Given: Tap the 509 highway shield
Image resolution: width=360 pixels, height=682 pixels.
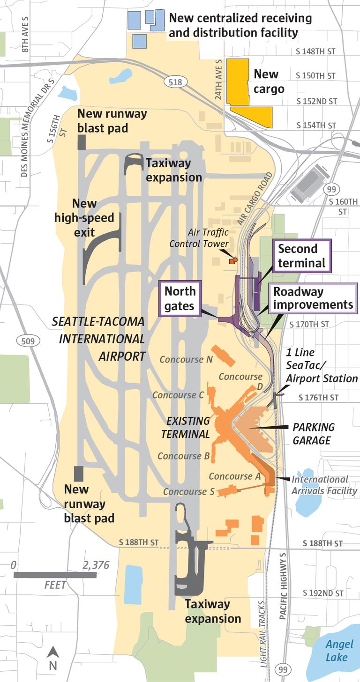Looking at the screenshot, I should (28, 341).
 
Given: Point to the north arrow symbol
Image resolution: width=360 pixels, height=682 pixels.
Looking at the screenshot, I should (53, 658).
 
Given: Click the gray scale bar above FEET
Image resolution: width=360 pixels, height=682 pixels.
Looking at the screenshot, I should (55, 575).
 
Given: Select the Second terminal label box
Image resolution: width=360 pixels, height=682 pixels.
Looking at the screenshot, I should (301, 256).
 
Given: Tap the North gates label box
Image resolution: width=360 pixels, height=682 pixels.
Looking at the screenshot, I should (180, 298).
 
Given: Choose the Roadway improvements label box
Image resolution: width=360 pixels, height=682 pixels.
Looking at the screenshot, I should (313, 298).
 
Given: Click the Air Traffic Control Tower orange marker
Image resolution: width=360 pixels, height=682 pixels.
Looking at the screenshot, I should (233, 260).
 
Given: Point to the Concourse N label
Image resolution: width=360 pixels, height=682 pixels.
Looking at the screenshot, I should (186, 359).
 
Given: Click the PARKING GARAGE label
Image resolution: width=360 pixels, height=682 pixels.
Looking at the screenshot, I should (314, 434).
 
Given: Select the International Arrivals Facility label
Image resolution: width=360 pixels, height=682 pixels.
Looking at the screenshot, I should (324, 485).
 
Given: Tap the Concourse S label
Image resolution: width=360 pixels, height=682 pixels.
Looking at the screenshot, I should (189, 491).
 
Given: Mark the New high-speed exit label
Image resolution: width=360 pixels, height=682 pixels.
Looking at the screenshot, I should (84, 217).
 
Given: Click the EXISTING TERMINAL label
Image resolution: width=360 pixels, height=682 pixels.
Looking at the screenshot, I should (186, 427).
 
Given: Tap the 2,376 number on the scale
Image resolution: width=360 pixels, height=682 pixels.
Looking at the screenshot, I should (96, 565).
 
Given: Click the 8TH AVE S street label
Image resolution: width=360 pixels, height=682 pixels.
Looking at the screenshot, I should (25, 34).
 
